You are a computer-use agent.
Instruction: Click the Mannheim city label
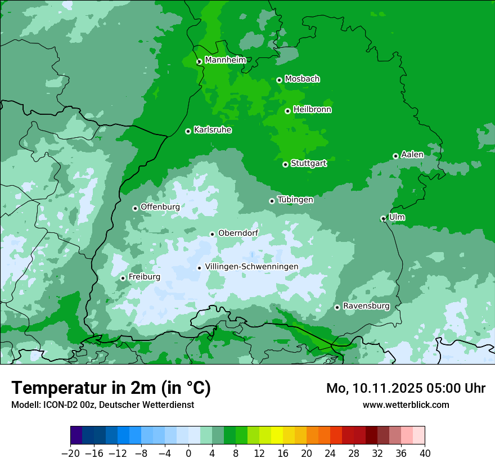coord(225,60)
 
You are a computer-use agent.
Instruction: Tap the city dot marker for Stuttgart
coord(286,164)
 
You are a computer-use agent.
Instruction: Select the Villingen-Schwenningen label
coord(251,267)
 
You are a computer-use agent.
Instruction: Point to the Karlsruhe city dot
coord(188,131)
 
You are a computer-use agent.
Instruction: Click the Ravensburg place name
coord(366,306)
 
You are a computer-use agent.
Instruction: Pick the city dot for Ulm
coord(384,218)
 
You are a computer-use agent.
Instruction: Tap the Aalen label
coord(412,155)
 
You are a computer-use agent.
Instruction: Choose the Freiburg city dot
coord(123,278)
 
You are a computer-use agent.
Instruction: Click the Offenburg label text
coord(160,207)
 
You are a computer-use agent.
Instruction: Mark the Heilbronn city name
coord(312,110)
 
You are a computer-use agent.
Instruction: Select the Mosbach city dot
coord(279,80)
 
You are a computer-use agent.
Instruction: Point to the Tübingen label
coord(295,200)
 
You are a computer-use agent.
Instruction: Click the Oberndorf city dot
coord(213,234)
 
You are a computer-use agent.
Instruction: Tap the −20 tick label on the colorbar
coord(70,453)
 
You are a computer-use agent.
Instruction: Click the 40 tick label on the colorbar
coord(425,453)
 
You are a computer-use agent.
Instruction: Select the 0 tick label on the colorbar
coord(188,453)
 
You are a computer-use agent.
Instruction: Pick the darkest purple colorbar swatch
coord(76,435)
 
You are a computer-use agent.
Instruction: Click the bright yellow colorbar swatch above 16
coord(277,435)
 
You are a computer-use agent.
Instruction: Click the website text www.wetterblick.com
coord(406,405)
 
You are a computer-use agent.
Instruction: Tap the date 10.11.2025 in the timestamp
coord(389,388)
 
